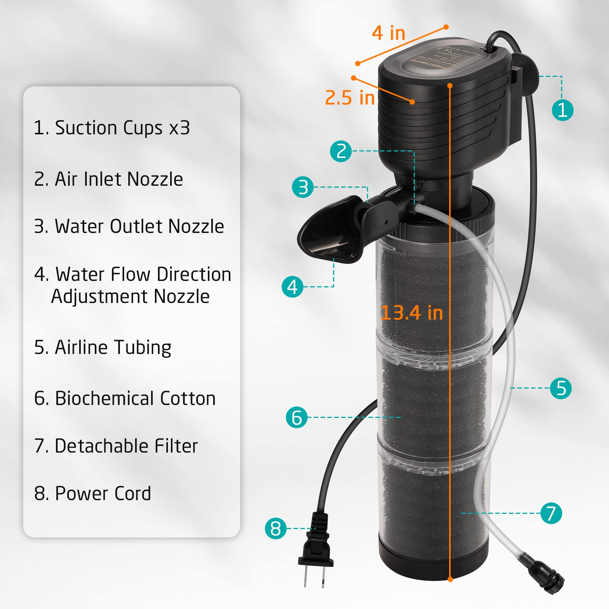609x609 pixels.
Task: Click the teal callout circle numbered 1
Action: tap(562, 110)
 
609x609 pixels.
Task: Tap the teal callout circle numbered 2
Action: tap(341, 151)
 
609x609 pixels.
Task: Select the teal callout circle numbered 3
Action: tap(303, 187)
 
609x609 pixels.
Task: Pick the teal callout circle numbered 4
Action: tap(292, 287)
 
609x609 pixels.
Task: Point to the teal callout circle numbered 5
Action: tap(561, 388)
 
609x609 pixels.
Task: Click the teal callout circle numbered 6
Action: tap(297, 417)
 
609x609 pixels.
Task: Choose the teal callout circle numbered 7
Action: tap(551, 513)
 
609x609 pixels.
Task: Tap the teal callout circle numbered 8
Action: tap(276, 528)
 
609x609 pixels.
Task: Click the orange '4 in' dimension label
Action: tap(388, 33)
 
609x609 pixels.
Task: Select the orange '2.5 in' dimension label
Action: tap(349, 98)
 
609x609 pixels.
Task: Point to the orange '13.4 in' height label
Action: tap(412, 313)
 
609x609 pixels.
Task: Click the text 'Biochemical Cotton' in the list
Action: tap(135, 399)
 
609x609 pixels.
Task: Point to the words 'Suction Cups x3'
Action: tap(122, 128)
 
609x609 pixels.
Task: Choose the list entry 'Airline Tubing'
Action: tap(113, 348)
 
